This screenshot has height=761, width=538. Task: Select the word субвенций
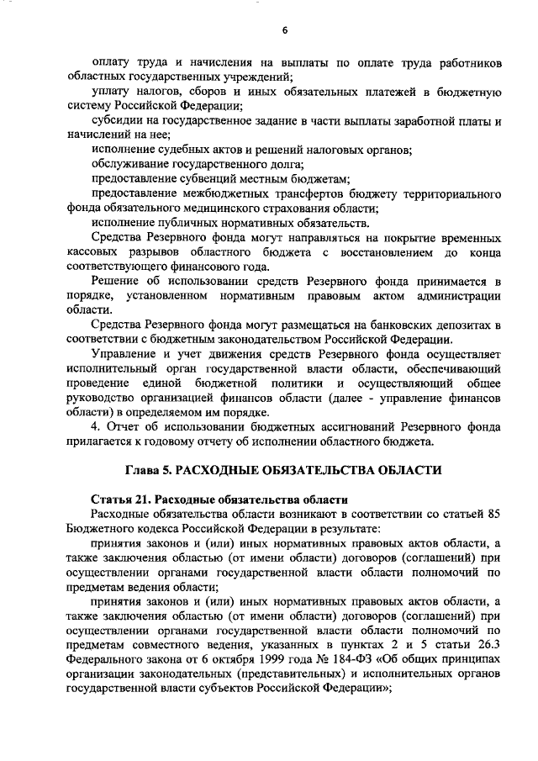click(x=208, y=179)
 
